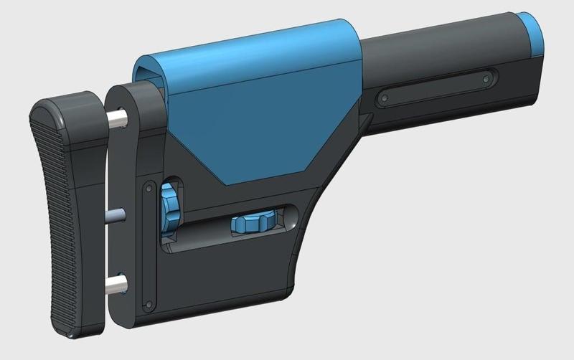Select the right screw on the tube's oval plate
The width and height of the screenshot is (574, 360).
(x=487, y=74)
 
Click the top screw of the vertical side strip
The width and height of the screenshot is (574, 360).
(x=148, y=187)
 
